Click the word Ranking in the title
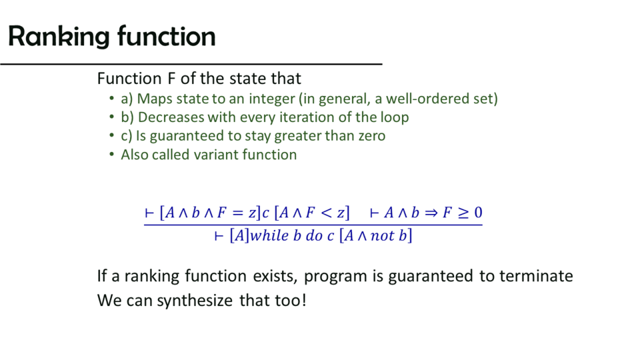59,37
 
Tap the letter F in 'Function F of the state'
171,79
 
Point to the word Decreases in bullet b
171,117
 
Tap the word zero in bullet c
372,136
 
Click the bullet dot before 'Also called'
111,155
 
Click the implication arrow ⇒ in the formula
431,213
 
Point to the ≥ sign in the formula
463,213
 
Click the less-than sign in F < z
327,212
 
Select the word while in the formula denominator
269,235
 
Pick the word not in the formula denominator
383,236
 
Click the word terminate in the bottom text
536,276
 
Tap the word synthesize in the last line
195,301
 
